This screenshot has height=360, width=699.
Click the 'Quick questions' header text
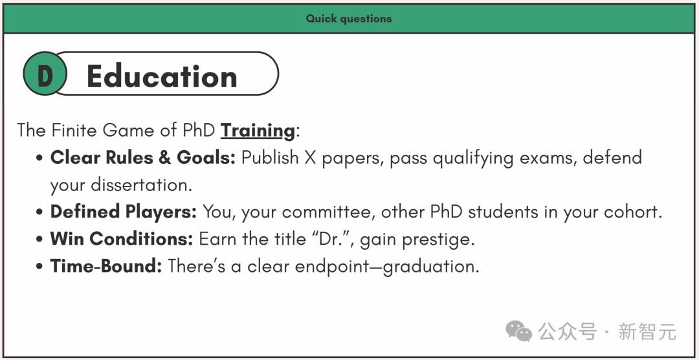click(349, 19)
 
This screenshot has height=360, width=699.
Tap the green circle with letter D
click(45, 74)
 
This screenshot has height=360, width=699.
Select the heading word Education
click(162, 76)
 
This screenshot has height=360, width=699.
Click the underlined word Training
click(258, 130)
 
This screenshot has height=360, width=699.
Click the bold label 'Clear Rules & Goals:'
click(142, 157)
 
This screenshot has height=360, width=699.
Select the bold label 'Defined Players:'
click(124, 212)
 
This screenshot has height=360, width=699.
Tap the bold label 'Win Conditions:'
click(121, 239)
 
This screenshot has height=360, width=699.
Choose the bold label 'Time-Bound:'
click(106, 266)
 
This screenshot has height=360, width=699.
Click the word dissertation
click(141, 185)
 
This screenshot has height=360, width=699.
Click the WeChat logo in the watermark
click(518, 331)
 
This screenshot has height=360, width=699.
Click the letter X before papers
click(310, 158)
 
